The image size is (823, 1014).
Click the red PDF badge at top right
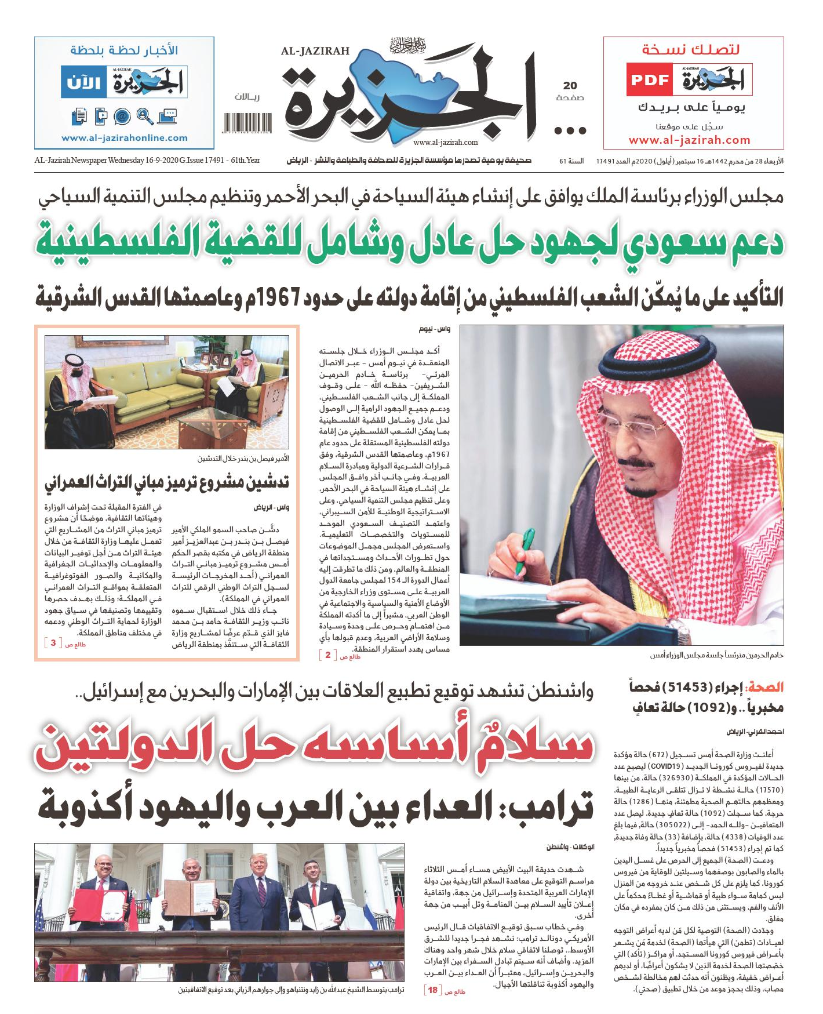pyautogui.click(x=649, y=80)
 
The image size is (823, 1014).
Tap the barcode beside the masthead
pyautogui.click(x=247, y=123)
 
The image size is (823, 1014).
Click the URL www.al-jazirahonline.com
pyautogui.click(x=125, y=138)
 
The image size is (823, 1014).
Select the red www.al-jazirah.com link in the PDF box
pyautogui.click(x=689, y=140)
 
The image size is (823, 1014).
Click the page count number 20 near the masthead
pyautogui.click(x=570, y=86)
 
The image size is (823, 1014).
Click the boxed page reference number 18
pyautogui.click(x=432, y=990)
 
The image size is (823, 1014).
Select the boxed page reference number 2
pyautogui.click(x=328, y=655)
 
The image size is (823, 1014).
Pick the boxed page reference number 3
pyautogui.click(x=53, y=643)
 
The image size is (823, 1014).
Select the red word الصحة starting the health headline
pyautogui.click(x=766, y=688)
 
